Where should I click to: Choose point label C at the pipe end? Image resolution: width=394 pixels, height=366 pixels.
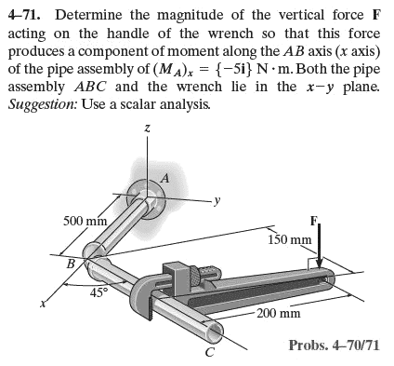[x=210, y=351]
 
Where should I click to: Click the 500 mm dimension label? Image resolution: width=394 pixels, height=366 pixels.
[x=84, y=221]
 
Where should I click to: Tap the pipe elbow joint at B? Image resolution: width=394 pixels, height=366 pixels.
[x=95, y=254]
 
